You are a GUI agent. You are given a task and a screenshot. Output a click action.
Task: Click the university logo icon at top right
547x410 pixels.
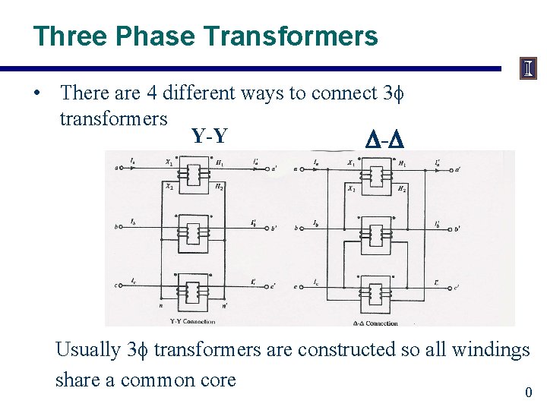tap(529, 70)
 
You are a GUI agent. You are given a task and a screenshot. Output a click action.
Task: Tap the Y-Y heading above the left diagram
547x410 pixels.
tap(208, 137)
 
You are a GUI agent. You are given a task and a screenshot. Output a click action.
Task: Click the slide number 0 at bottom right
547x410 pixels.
tap(529, 393)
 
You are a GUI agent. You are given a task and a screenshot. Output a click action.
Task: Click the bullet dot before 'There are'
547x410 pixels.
tap(36, 94)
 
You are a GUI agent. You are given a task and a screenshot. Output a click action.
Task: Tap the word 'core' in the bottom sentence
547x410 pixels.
tap(218, 380)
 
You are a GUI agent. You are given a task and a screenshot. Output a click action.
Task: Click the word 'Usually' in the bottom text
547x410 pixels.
tap(88, 350)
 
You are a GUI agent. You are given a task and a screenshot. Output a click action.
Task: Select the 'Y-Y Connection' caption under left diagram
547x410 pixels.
tap(192, 321)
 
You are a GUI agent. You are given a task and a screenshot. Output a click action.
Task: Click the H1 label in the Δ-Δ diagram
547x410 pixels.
tap(402, 164)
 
